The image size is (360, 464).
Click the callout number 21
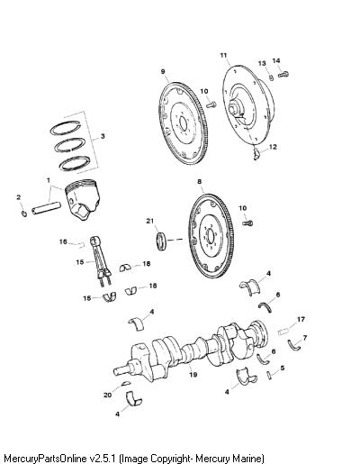(x=149, y=221)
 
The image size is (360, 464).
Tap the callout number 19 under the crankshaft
(x=193, y=374)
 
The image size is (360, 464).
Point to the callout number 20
(x=107, y=395)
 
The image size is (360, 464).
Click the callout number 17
(x=301, y=319)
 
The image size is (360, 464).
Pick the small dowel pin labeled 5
(x=269, y=376)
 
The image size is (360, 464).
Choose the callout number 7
(x=305, y=338)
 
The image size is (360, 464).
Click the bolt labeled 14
(x=283, y=74)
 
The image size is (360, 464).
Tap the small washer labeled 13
(x=271, y=77)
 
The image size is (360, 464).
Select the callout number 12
(x=273, y=147)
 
